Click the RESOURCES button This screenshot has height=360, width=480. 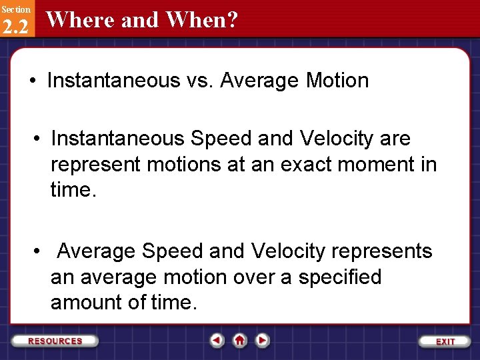(55, 341)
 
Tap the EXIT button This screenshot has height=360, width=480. (445, 341)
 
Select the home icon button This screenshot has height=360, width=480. (239, 340)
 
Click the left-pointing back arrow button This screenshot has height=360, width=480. (217, 340)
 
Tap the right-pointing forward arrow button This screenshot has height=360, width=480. (262, 340)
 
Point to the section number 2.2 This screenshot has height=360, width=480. (15, 26)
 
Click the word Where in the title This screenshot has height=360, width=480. (81, 19)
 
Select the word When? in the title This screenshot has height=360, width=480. (202, 19)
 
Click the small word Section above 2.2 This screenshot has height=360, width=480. (16, 9)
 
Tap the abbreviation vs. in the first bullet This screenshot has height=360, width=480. (199, 81)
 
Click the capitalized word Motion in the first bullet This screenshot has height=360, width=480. (337, 80)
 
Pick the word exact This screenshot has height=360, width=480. (306, 165)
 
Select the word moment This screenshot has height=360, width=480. (376, 165)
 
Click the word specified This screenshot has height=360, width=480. (340, 277)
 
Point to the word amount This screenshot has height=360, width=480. (86, 302)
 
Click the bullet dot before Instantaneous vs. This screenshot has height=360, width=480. (33, 81)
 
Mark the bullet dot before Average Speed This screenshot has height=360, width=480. (37, 251)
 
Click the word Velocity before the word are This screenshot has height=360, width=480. (336, 139)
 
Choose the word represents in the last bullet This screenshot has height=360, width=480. (382, 251)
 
